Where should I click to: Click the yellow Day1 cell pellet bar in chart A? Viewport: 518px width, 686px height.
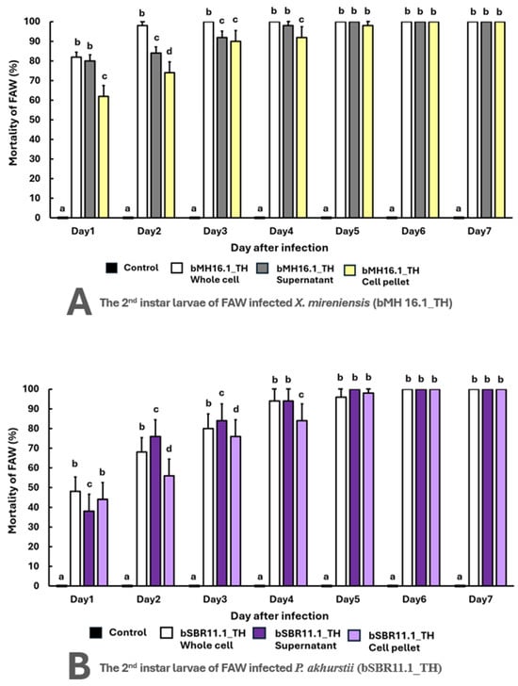(x=104, y=156)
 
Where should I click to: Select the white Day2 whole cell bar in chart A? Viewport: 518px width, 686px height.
(x=142, y=122)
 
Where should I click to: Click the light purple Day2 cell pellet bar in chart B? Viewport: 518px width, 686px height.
(x=169, y=531)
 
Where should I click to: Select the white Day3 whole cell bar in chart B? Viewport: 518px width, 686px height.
(x=208, y=507)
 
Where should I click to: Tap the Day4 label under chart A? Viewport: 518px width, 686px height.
(x=281, y=231)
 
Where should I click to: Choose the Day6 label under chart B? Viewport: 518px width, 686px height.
(x=413, y=599)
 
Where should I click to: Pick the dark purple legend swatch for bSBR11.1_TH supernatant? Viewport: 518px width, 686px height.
(x=260, y=633)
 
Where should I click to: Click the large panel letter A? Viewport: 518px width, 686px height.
(x=79, y=302)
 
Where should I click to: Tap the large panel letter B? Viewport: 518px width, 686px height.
(x=79, y=667)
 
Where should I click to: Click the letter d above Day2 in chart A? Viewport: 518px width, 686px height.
(x=170, y=52)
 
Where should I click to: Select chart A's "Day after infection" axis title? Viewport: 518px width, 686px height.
(x=280, y=248)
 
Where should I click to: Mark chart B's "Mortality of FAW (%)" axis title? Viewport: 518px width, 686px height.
(x=12, y=480)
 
